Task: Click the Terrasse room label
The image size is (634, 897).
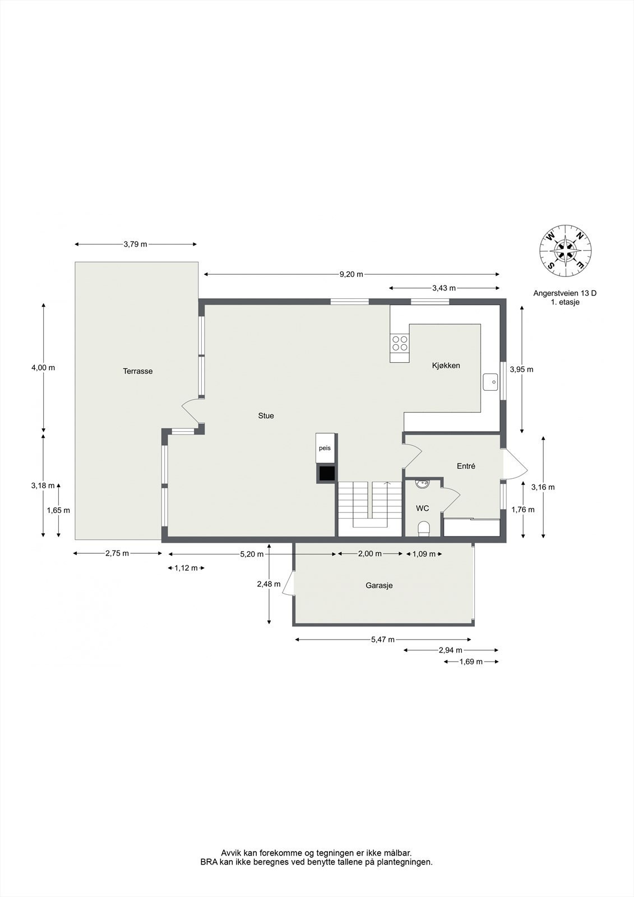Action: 138,371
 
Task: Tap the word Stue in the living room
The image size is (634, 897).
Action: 266,416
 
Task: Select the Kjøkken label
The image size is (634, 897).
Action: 446,366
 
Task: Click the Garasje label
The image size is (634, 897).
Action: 379,585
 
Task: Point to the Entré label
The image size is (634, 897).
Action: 466,466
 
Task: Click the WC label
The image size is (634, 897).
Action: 422,508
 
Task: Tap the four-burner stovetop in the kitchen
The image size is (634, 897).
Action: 400,343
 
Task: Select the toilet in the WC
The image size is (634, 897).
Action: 424,529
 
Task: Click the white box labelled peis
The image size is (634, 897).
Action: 325,449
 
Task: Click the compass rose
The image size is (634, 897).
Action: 566,251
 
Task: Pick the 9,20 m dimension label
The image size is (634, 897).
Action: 351,274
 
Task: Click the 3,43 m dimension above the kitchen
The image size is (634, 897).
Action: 443,288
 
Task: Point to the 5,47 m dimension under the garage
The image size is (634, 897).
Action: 383,640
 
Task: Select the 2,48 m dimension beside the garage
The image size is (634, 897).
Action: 269,584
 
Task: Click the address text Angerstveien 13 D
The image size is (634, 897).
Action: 564,293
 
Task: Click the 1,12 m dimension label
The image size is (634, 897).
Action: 186,568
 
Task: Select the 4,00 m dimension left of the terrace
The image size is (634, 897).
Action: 43,368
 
